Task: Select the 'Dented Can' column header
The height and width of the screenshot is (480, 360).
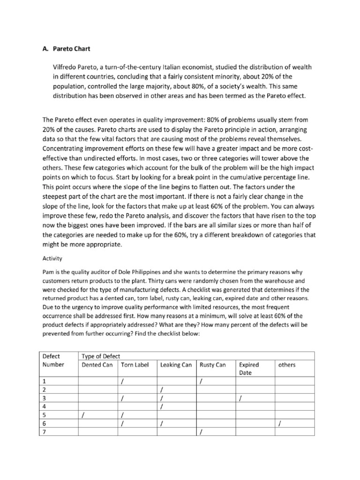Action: tap(97, 365)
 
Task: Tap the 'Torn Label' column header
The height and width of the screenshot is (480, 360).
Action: tap(135, 365)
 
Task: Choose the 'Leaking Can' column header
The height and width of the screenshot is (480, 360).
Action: tap(176, 365)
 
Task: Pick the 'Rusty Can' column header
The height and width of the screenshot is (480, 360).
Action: tap(212, 365)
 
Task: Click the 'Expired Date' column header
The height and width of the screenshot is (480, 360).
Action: tap(249, 368)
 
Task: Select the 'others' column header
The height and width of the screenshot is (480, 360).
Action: tap(286, 365)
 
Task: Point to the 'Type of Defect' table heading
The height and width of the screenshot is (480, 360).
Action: tap(101, 356)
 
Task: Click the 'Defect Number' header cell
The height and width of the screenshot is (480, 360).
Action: tap(52, 360)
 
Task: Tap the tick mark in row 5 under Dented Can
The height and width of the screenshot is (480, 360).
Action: tap(83, 415)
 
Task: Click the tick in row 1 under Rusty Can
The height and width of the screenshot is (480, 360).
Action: tap(201, 382)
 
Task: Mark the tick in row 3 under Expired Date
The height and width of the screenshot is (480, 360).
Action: tap(240, 398)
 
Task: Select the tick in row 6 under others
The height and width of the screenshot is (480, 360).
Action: tap(279, 423)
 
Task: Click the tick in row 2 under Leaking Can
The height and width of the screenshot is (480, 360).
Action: tap(162, 390)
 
